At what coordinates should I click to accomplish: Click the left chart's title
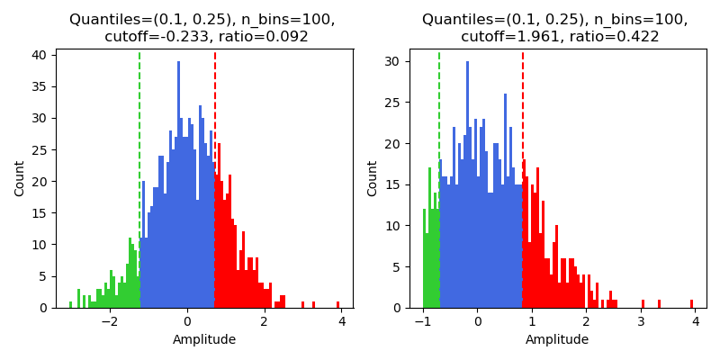coord(202,28)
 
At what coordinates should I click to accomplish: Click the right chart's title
coord(554,28)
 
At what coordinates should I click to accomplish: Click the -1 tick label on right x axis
coord(421,321)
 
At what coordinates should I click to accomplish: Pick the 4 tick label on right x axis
coord(695,321)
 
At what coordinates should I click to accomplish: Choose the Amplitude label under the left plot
coord(204,339)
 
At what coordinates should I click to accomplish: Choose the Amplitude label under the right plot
coord(557,339)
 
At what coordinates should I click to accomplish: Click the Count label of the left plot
coord(20,178)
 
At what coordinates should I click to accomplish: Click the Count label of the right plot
coord(373,178)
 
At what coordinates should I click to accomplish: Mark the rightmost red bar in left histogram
coord(337,304)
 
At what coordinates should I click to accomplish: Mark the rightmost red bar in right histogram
coord(691,303)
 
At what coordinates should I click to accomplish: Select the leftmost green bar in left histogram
coord(70,304)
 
